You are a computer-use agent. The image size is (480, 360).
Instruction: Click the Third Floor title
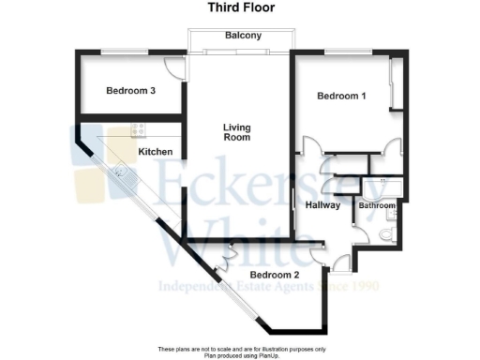click(x=240, y=7)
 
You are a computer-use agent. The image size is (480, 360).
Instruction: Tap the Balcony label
click(x=242, y=37)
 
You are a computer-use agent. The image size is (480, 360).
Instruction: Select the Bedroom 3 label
click(x=130, y=91)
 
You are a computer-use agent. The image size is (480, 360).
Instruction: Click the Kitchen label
click(x=155, y=151)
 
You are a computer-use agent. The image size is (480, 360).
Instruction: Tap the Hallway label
click(x=322, y=206)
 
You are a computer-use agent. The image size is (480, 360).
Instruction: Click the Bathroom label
click(x=377, y=204)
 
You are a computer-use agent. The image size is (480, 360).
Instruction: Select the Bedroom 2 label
click(x=275, y=274)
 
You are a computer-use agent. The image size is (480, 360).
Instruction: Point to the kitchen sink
click(x=121, y=172)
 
